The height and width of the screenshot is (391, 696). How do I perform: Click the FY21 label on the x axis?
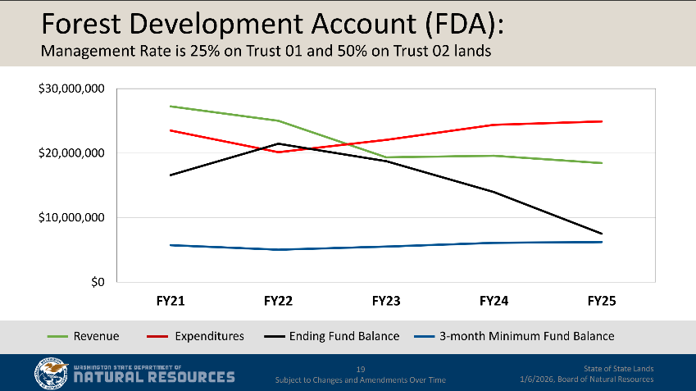171,302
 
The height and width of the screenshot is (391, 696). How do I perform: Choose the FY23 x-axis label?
386,302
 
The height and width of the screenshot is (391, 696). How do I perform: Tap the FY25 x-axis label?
602,302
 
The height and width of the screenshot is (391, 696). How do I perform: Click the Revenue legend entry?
96,336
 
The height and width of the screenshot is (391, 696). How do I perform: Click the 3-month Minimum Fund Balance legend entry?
526,336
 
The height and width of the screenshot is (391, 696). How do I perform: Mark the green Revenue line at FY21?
171,107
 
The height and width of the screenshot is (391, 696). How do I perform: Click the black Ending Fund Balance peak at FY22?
279,143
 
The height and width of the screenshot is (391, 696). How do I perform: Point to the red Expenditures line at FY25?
602,121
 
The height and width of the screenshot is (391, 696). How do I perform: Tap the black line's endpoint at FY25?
602,234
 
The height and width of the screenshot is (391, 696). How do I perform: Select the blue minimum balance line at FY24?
494,243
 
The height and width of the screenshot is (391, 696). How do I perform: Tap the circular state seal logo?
51,374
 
